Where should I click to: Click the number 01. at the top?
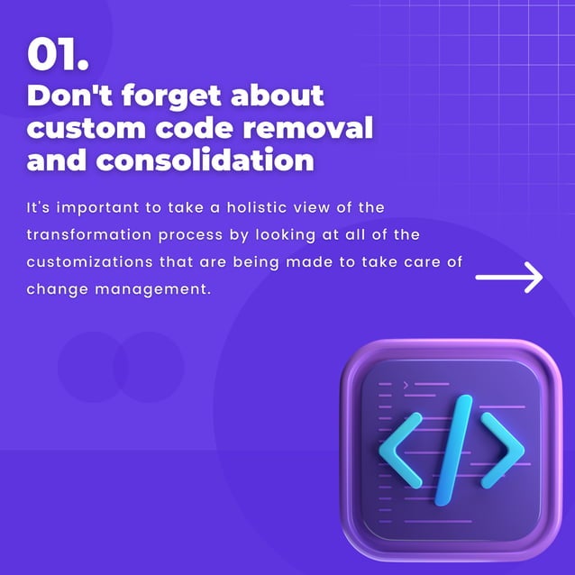[58, 55]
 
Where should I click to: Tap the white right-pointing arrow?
[509, 278]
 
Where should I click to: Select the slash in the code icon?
[452, 447]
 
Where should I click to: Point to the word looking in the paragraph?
[265, 235]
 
